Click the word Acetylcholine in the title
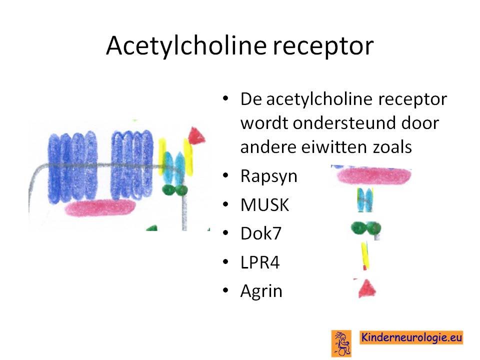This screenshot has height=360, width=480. coord(186,45)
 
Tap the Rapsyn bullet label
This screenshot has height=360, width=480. coord(269,177)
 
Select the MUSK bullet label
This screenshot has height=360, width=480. coord(265,205)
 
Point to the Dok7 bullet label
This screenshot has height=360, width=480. coord(261,233)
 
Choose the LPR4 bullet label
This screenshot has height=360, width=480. coord(260,262)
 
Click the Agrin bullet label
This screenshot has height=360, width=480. coord(261,291)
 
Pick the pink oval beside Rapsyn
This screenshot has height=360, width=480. coord(374,175)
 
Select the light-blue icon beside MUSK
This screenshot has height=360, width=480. coord(365,200)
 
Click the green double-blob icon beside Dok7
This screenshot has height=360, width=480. coord(366,228)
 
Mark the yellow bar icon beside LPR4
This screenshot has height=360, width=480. coord(364,255)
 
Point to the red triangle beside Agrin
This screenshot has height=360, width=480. coord(367,288)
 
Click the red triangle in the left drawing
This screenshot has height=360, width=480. coord(195,135)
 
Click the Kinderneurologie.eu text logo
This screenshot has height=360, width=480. coord(411,337)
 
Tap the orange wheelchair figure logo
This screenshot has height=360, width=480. coord(341,343)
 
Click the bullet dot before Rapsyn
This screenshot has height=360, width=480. coord(225,175)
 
